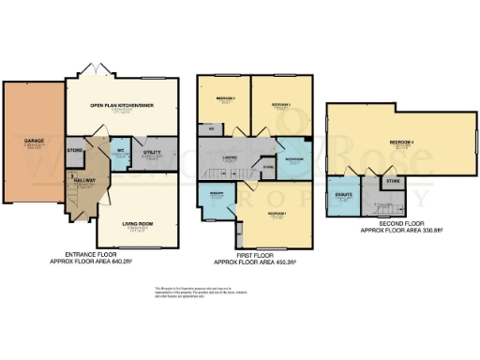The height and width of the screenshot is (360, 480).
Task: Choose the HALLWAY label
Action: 82,181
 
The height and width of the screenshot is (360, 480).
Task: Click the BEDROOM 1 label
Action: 276,214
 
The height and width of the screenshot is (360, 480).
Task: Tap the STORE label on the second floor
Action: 392,179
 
